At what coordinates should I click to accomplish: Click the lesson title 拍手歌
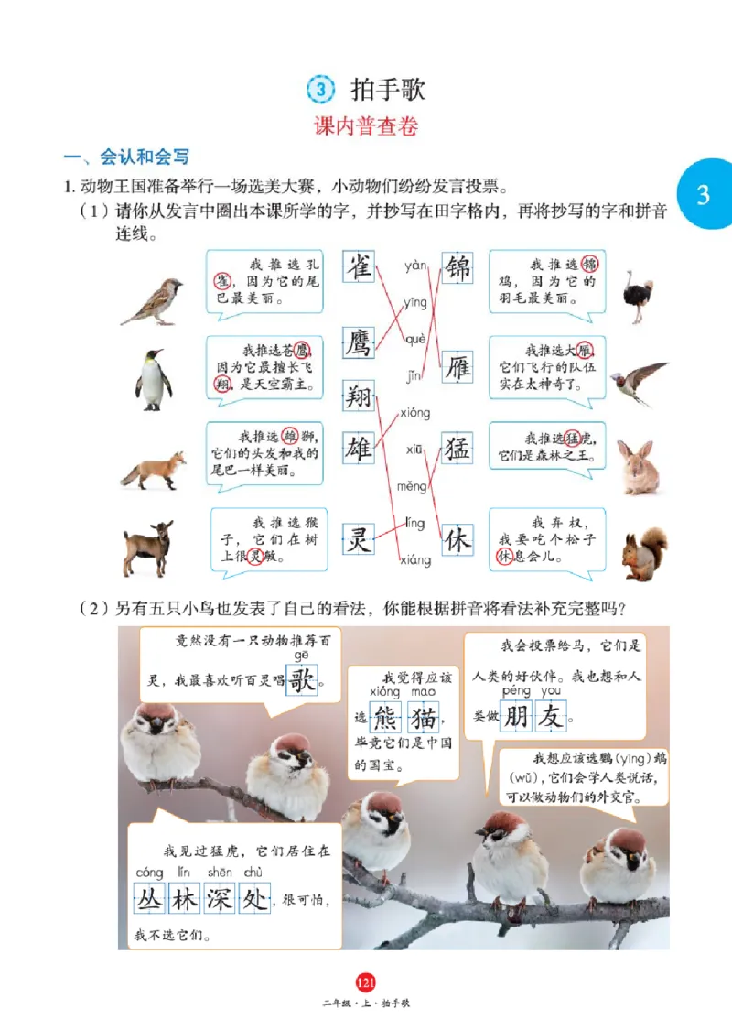click(x=387, y=90)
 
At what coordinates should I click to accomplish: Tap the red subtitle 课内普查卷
click(x=366, y=127)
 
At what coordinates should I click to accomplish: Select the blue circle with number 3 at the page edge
click(x=703, y=194)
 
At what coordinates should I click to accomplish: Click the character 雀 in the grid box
click(x=358, y=269)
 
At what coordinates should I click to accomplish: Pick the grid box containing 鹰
click(x=358, y=343)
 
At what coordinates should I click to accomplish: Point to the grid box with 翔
click(x=358, y=398)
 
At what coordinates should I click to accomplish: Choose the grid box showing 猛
click(x=457, y=449)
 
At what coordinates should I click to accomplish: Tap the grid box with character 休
click(x=457, y=540)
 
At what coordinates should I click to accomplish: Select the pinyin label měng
click(x=413, y=486)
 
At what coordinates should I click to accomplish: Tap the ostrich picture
click(x=638, y=296)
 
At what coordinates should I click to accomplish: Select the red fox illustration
click(x=152, y=470)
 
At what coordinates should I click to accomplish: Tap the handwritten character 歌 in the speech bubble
click(x=303, y=680)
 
